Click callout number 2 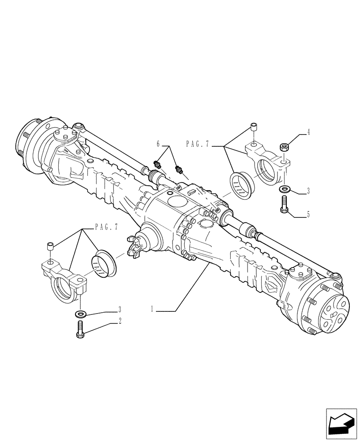(x=120, y=322)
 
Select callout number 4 (x=308, y=131)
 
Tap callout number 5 (x=308, y=215)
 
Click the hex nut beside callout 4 (x=285, y=146)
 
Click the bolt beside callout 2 (x=80, y=329)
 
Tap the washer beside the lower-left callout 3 (x=80, y=314)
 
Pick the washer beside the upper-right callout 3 (x=285, y=190)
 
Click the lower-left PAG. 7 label (x=106, y=227)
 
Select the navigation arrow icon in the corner (x=341, y=424)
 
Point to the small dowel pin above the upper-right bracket (x=254, y=127)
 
